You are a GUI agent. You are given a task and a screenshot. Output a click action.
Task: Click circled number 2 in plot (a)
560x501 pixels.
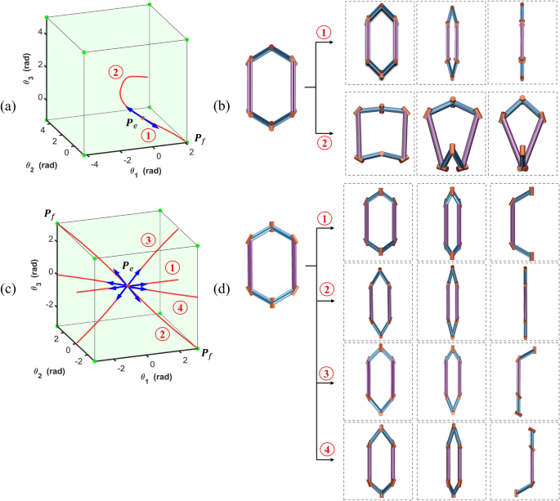pyautogui.click(x=115, y=73)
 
